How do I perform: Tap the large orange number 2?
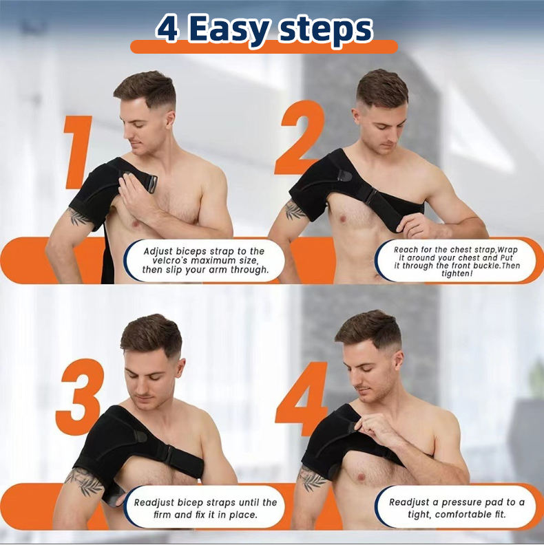point(300,138)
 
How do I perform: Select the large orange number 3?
point(81,396)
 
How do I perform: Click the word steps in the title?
point(326,30)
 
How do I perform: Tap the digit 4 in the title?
point(168,29)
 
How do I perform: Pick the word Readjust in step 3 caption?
point(154,503)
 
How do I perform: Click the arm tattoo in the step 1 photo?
point(79,217)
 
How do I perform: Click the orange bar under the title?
point(264,47)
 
